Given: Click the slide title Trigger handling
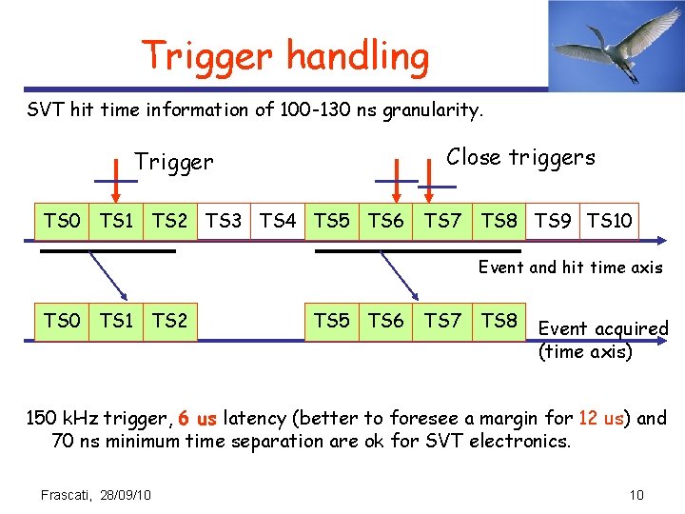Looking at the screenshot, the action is [285, 57].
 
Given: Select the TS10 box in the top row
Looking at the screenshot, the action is [610, 222].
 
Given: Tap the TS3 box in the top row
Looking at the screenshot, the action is [224, 222].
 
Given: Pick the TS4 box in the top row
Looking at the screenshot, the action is [278, 222].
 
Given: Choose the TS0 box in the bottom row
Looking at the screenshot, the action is [62, 321].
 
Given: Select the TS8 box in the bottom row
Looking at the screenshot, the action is [499, 321].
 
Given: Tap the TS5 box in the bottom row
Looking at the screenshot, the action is [332, 321].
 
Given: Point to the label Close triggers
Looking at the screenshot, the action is [520, 157].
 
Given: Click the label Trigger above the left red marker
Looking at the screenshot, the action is [174, 162].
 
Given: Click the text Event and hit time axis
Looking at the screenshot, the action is [570, 267].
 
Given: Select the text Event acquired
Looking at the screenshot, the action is [603, 328].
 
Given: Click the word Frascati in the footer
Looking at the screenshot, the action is [67, 494].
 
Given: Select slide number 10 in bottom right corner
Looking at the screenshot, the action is [636, 494].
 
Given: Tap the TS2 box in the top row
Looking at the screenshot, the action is [169, 222].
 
